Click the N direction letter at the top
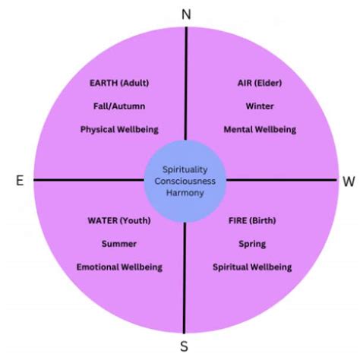click(186, 14)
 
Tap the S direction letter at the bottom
click(184, 347)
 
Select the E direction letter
click(19, 181)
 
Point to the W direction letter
click(349, 182)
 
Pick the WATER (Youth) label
click(119, 221)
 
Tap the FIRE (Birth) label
click(251, 221)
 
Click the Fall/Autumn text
click(118, 106)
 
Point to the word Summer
click(118, 244)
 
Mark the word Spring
click(251, 244)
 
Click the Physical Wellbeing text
click(118, 129)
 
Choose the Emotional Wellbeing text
click(119, 267)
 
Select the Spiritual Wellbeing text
click(251, 267)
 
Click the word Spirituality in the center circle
click(185, 169)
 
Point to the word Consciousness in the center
click(185, 181)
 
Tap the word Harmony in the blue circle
click(185, 193)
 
